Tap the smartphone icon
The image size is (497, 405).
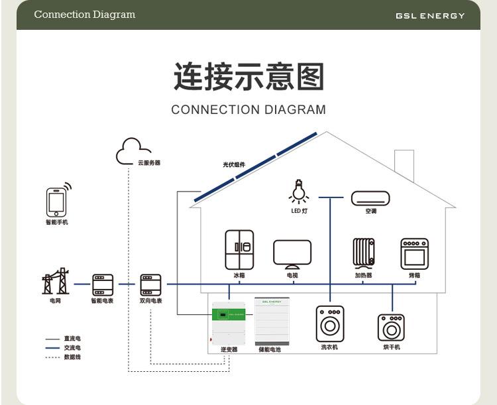(57, 202)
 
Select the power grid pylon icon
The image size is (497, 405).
(55, 282)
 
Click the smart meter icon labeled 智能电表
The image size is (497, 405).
(102, 284)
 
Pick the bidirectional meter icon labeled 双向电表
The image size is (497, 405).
(150, 284)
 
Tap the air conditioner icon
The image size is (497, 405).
(370, 198)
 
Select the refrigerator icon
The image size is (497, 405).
(239, 249)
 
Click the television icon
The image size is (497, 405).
(292, 254)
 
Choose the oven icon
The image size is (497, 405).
(414, 253)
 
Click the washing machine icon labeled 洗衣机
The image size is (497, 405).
(329, 323)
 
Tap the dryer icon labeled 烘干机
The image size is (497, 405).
(391, 327)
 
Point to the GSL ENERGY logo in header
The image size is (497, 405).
(430, 15)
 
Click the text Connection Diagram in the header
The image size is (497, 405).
(84, 15)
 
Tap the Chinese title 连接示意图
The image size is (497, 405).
(248, 77)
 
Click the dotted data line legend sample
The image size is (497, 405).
(52, 357)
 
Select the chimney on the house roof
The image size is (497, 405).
(404, 166)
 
